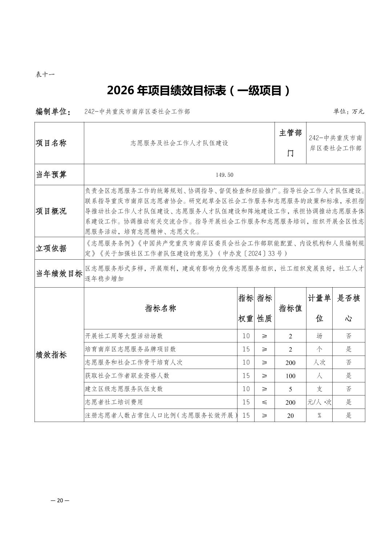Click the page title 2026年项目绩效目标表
[x=199, y=91]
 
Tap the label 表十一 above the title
[x=45, y=75]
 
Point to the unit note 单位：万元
[x=348, y=111]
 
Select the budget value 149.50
[x=224, y=175]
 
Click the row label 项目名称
[x=51, y=143]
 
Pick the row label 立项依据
[x=51, y=248]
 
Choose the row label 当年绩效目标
[x=59, y=274]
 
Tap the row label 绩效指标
[x=51, y=355]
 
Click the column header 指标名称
[x=161, y=308]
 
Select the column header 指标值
[x=291, y=308]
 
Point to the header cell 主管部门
[x=290, y=143]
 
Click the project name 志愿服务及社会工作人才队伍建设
[x=179, y=143]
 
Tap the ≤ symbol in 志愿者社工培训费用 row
[x=264, y=402]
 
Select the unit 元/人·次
[x=319, y=402]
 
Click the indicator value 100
[x=291, y=376]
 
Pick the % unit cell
[x=319, y=415]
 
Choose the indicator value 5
[x=291, y=389]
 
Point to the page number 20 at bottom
[x=60, y=500]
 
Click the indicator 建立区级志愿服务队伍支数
[x=124, y=389]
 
